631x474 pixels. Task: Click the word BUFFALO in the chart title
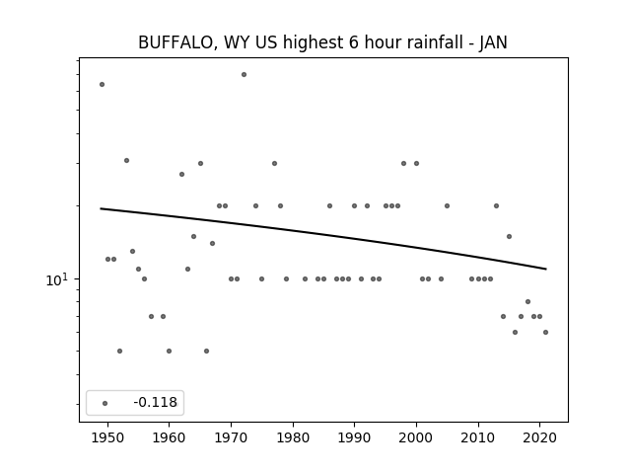pyautogui.click(x=175, y=42)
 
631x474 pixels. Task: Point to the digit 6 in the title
pyautogui.click(x=353, y=42)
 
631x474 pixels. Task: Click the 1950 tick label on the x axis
pyautogui.click(x=107, y=437)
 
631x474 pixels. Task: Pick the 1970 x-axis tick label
pyautogui.click(x=231, y=437)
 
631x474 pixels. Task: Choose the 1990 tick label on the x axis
pyautogui.click(x=355, y=437)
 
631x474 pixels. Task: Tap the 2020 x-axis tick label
pyautogui.click(x=540, y=437)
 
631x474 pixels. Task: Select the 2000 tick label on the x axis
pyautogui.click(x=416, y=437)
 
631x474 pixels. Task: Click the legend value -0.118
pyautogui.click(x=156, y=402)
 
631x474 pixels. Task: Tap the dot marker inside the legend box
pyautogui.click(x=105, y=403)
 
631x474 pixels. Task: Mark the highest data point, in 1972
pyautogui.click(x=244, y=75)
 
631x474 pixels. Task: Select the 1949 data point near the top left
pyautogui.click(x=102, y=84)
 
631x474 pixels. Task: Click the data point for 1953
pyautogui.click(x=126, y=160)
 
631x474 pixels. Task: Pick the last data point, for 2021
pyautogui.click(x=545, y=332)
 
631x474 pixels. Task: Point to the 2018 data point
pyautogui.click(x=528, y=301)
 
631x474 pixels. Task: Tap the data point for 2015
pyautogui.click(x=509, y=236)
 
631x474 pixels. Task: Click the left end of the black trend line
pyautogui.click(x=101, y=208)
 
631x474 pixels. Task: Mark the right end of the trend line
pyautogui.click(x=546, y=269)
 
